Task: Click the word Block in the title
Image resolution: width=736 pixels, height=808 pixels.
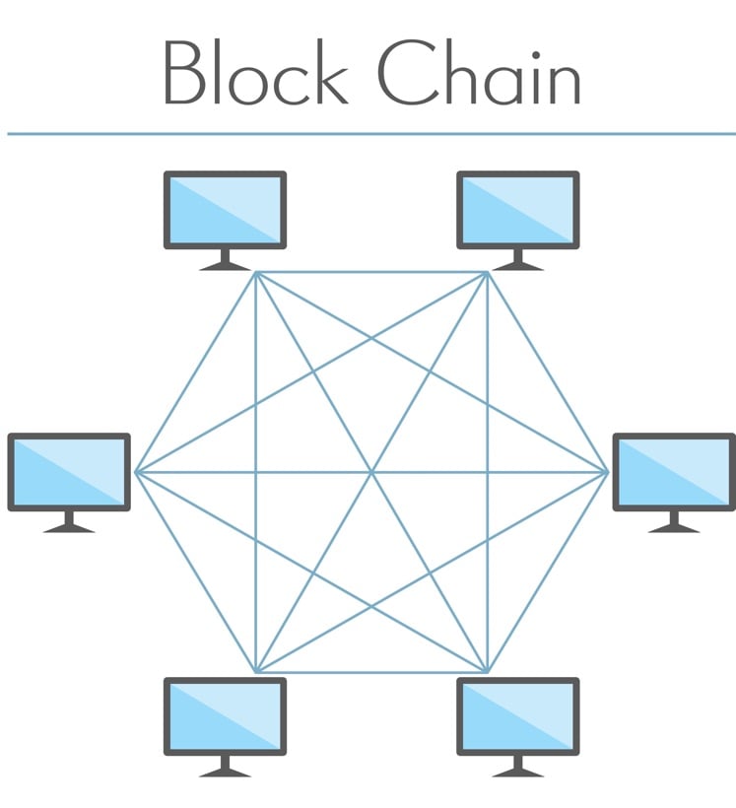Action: click(x=254, y=73)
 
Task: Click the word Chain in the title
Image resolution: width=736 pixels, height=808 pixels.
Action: click(x=480, y=73)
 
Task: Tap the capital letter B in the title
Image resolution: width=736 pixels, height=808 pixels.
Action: click(x=181, y=74)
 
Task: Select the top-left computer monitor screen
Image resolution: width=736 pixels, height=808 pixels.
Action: click(x=225, y=210)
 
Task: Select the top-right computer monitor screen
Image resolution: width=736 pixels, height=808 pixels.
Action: click(x=517, y=210)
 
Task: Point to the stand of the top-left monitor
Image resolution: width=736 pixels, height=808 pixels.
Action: click(x=225, y=261)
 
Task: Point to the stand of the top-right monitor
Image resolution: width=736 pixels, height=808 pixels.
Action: click(x=517, y=261)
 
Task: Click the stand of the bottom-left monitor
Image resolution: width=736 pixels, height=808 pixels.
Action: click(x=225, y=768)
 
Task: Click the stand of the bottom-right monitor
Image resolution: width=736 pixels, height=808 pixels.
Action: click(x=517, y=768)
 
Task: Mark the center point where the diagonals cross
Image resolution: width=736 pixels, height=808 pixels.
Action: click(x=371, y=472)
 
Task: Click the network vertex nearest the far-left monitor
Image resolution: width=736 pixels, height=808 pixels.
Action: click(x=136, y=472)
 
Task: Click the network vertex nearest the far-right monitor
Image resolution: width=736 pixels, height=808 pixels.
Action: click(x=607, y=472)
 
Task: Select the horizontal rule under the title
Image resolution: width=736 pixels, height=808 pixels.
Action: click(x=370, y=134)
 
